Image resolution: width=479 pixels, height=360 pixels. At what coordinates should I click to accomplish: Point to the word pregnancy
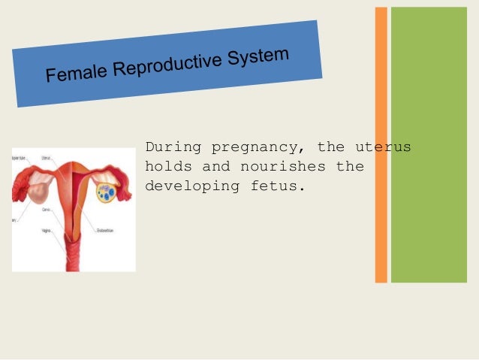click(259, 146)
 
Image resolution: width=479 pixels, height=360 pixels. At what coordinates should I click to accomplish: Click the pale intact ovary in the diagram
click(38, 191)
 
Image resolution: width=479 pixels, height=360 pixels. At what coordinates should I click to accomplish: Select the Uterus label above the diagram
click(47, 158)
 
